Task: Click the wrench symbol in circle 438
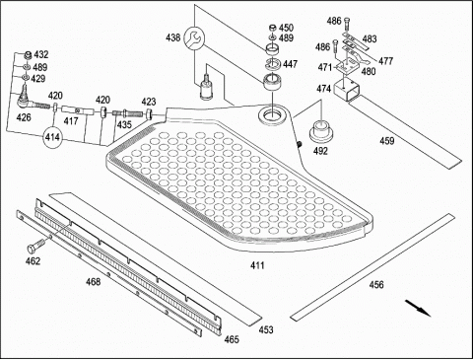(x=194, y=38)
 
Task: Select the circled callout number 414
(x=52, y=137)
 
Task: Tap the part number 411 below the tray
(x=257, y=265)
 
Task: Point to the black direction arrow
(x=418, y=308)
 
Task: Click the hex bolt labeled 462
(x=35, y=245)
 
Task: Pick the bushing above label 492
(x=321, y=131)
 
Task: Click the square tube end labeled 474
(x=346, y=89)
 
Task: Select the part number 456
(x=376, y=284)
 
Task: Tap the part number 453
(x=266, y=329)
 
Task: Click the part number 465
(x=232, y=339)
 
